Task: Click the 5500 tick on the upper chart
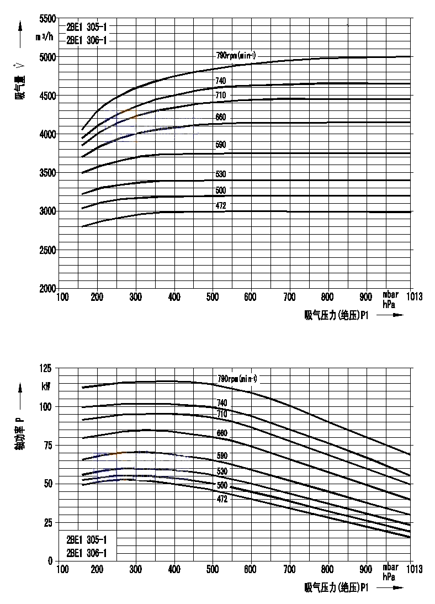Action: tap(47, 18)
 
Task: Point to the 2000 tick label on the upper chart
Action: tap(47, 288)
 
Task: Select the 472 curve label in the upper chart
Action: tap(221, 206)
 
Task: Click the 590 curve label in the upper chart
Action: tap(221, 145)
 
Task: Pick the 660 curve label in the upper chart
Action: tap(221, 117)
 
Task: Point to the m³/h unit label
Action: tap(45, 37)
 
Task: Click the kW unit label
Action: tap(45, 386)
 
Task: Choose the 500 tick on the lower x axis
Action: tap(213, 569)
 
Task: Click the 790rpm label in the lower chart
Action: tap(237, 379)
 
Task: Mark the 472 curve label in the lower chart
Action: tap(222, 498)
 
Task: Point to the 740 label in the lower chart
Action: tap(222, 403)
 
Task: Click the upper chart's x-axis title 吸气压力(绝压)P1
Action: tap(336, 315)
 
